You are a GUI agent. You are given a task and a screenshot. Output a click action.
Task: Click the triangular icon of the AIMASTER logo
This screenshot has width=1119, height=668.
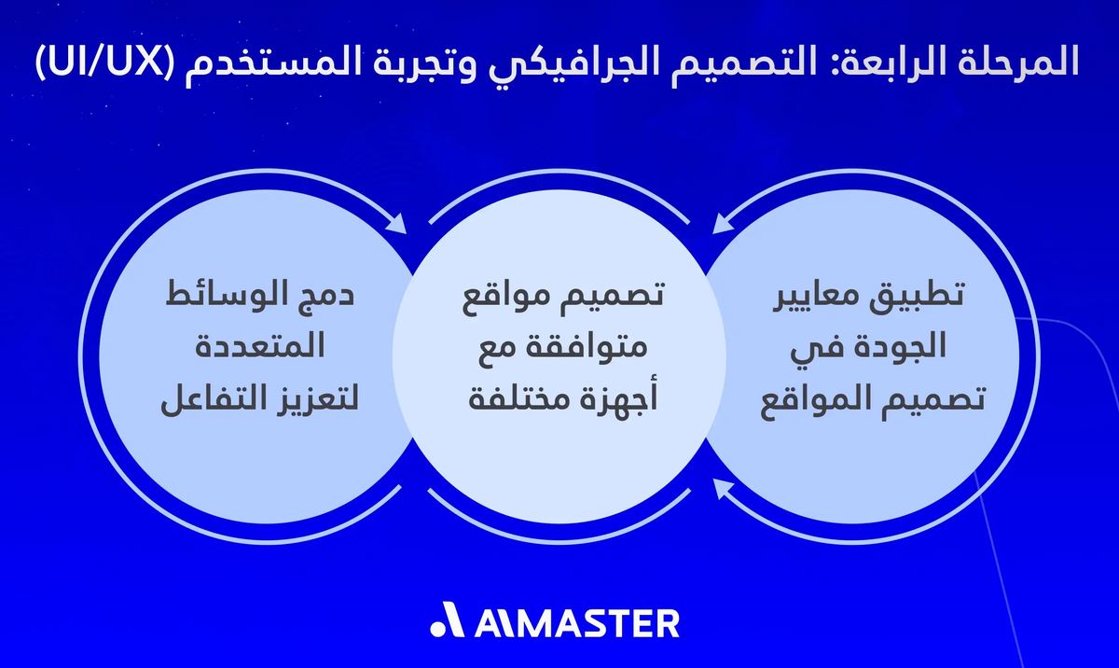click(449, 622)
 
